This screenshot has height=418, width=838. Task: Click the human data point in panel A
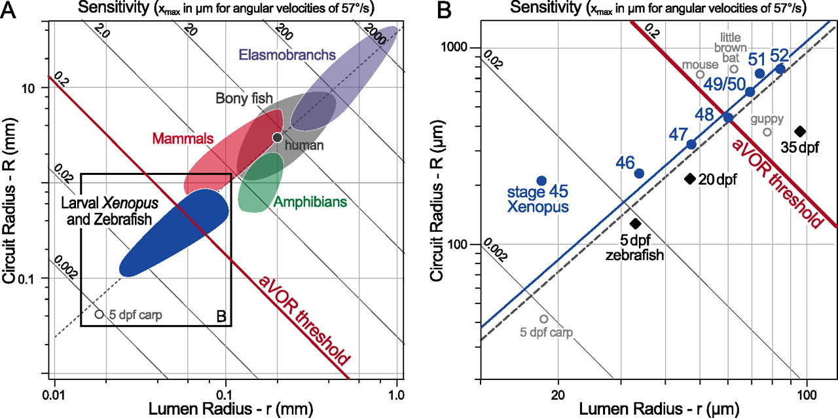277,137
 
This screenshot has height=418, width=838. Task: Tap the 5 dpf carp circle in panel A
99,314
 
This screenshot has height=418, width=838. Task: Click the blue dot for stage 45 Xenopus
541,180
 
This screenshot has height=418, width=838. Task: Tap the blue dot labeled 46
639,173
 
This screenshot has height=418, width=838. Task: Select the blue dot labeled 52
780,68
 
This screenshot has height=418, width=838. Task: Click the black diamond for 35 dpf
799,131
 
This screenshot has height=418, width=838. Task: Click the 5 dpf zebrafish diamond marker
634,223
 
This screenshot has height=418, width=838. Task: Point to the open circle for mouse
700,74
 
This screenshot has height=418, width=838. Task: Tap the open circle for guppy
767,132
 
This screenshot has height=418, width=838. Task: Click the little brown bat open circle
734,69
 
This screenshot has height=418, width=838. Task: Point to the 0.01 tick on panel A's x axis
54,395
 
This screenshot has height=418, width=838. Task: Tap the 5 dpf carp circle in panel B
543,318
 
